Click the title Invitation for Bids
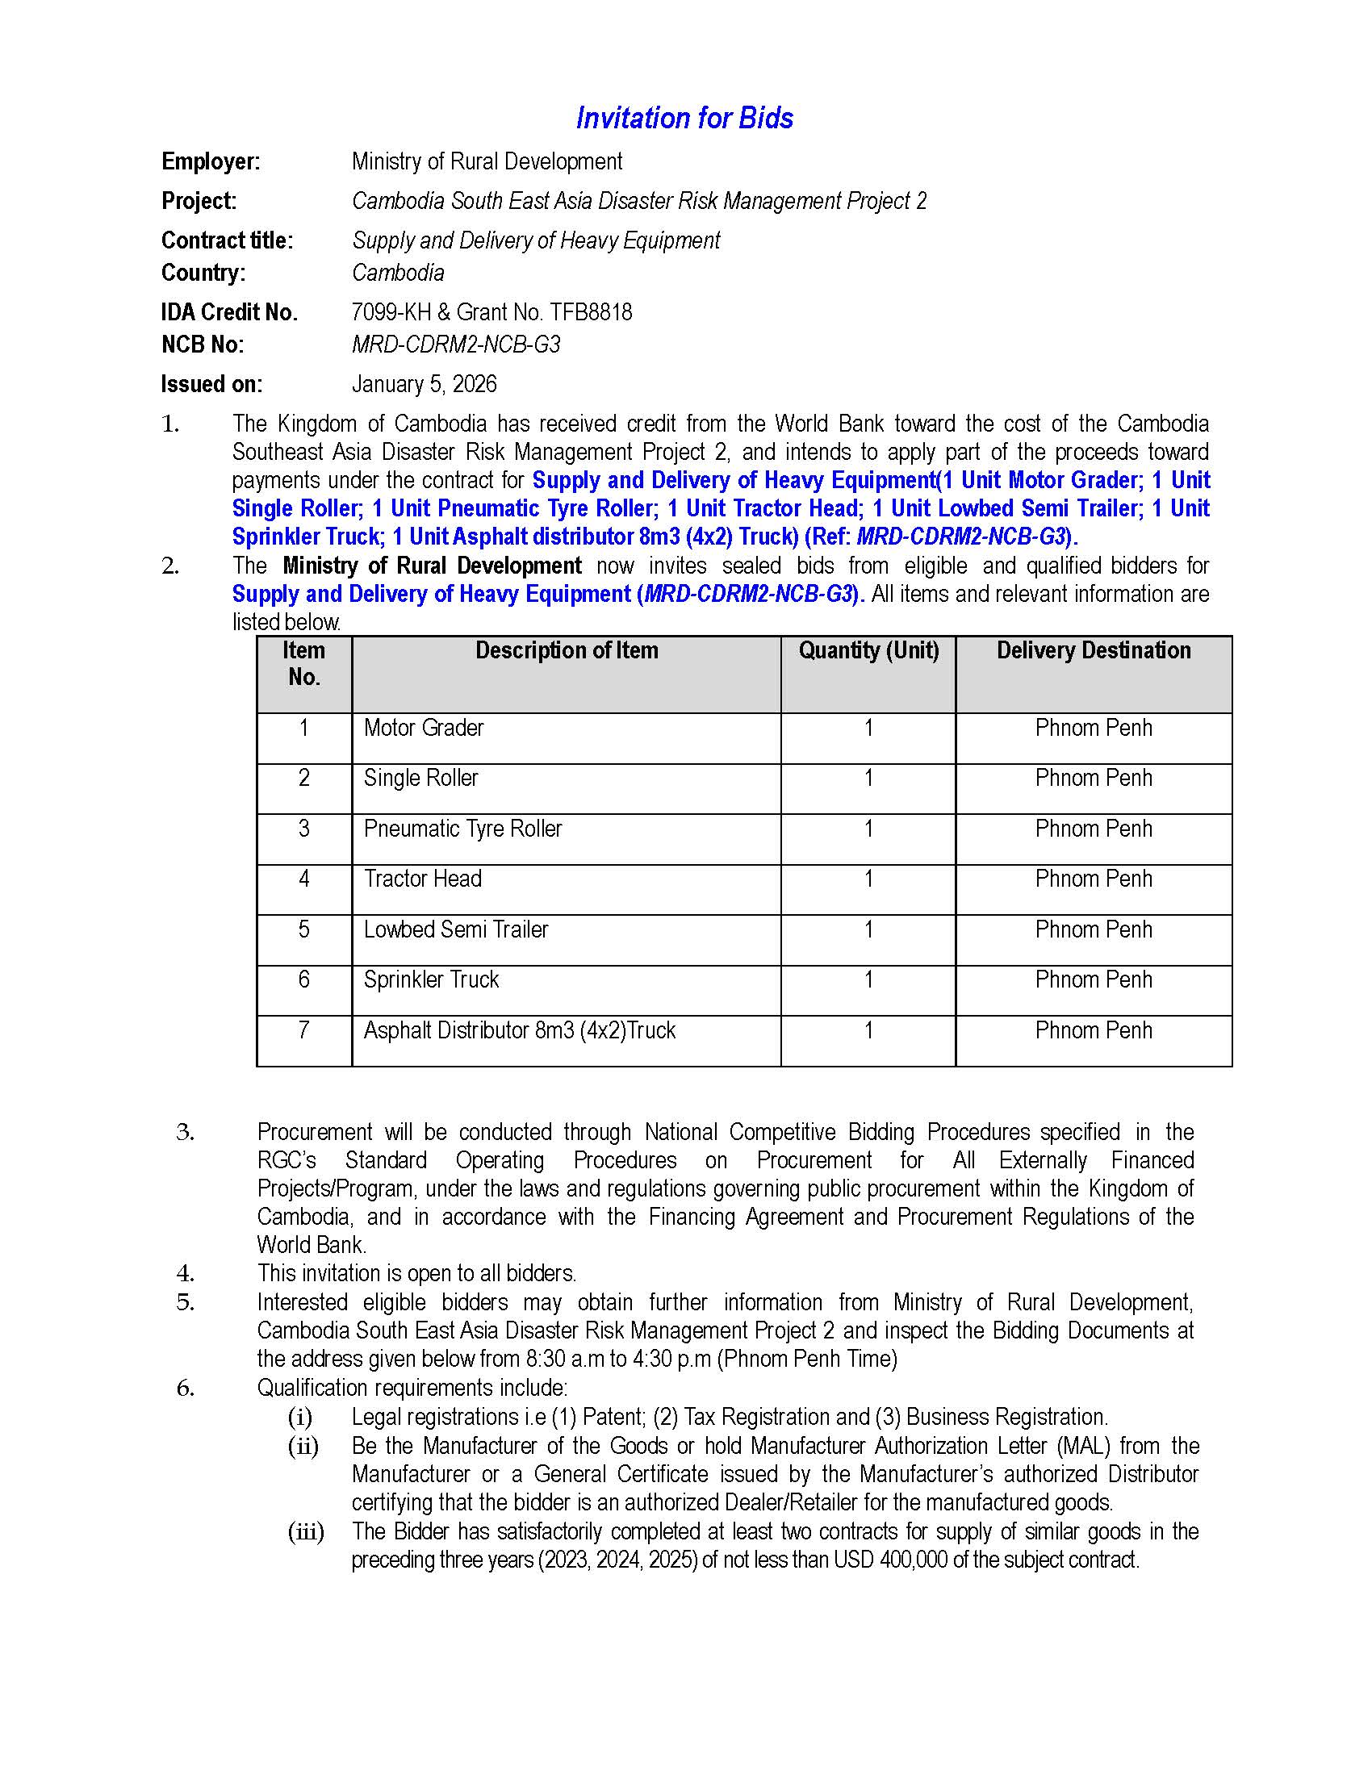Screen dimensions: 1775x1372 [x=684, y=119]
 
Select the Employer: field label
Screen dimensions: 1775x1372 [x=211, y=161]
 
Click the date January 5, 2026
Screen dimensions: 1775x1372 [x=424, y=383]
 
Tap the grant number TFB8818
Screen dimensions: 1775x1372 [x=590, y=312]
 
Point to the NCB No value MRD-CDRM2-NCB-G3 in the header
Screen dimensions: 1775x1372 [x=455, y=345]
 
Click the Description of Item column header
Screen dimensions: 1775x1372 [x=567, y=650]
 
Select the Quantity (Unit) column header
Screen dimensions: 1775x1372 [x=868, y=650]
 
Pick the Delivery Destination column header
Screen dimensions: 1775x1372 [x=1094, y=650]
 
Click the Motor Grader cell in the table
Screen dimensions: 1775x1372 [x=424, y=728]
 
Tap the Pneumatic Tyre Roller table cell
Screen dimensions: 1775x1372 [x=462, y=828]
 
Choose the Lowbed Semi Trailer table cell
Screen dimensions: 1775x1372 [x=455, y=929]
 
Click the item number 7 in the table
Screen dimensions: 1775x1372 [x=303, y=1029]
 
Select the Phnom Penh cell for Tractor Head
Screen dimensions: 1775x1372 [x=1094, y=879]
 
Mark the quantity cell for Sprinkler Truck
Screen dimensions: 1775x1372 [x=868, y=979]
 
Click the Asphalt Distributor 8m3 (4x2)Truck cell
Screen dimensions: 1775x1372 [x=520, y=1029]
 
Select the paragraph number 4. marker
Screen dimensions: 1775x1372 [x=186, y=1272]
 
